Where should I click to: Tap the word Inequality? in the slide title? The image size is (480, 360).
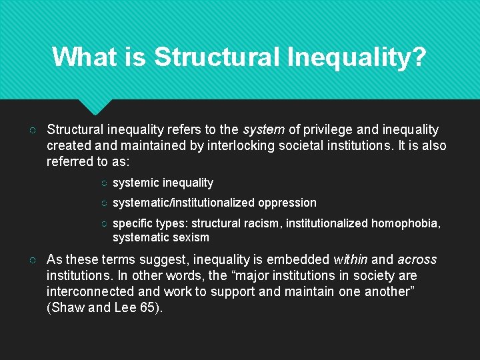357,57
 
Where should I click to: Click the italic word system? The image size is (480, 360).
263,129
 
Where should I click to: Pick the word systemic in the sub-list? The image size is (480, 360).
136,183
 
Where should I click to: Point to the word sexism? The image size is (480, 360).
191,237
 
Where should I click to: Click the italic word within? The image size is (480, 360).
350,259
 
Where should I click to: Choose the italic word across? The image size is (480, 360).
417,259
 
